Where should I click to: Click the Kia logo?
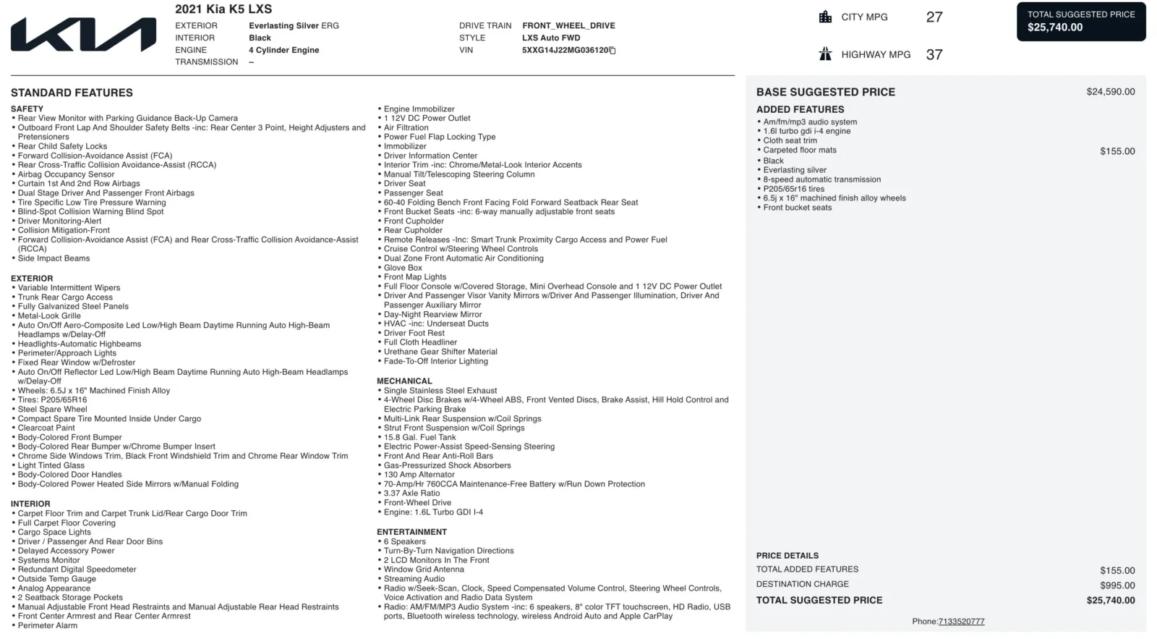pos(83,35)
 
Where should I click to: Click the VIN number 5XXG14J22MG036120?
pos(565,51)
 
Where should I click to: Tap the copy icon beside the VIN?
pos(612,51)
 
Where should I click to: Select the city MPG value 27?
pos(934,17)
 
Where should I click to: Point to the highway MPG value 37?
pos(934,55)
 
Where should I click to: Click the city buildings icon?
pos(825,17)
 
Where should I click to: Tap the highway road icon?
pos(825,54)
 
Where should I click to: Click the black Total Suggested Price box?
pos(1081,22)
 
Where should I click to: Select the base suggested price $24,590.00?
pos(1110,92)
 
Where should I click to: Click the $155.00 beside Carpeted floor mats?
pos(1117,151)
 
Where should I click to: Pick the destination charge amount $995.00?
pos(1117,585)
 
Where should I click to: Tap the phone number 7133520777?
pos(961,622)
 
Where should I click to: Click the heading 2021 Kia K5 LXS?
pos(223,9)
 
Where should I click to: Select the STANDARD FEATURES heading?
pos(72,93)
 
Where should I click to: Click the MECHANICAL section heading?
pos(404,381)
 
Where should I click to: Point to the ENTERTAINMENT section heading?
pos(411,532)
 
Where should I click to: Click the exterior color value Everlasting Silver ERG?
pos(294,26)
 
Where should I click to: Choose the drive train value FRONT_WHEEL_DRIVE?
pos(568,26)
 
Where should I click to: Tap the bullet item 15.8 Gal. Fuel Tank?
pos(419,438)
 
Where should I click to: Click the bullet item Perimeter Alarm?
pos(48,626)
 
